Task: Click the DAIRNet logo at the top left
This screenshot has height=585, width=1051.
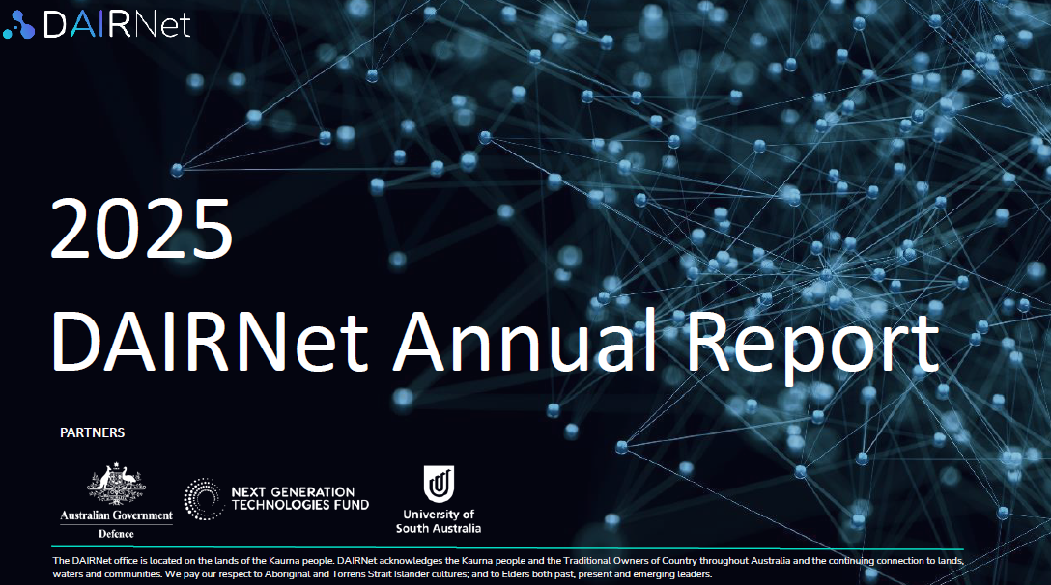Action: pos(98,24)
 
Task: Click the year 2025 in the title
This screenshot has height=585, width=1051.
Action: pos(141,229)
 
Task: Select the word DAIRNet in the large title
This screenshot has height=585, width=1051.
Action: pos(210,341)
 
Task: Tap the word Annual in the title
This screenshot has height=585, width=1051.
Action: pos(525,340)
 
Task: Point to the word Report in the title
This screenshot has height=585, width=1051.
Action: pos(812,345)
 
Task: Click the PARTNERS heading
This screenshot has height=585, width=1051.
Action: pos(93,432)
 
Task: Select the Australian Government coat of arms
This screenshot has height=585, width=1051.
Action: pos(117,483)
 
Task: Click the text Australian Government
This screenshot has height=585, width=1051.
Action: pos(117,515)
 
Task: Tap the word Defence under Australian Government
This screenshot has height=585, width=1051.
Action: pos(117,534)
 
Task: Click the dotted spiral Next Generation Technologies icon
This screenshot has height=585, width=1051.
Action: pos(203,499)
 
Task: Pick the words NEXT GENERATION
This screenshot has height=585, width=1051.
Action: pos(293,492)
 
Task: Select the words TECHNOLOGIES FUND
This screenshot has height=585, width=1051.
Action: pos(300,505)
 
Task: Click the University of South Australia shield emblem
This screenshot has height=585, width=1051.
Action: pos(439,484)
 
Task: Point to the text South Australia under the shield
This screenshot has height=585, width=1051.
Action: pos(439,528)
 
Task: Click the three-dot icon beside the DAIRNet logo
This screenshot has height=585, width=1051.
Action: pos(18,25)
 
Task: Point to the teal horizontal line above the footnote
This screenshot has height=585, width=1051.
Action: pos(507,548)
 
